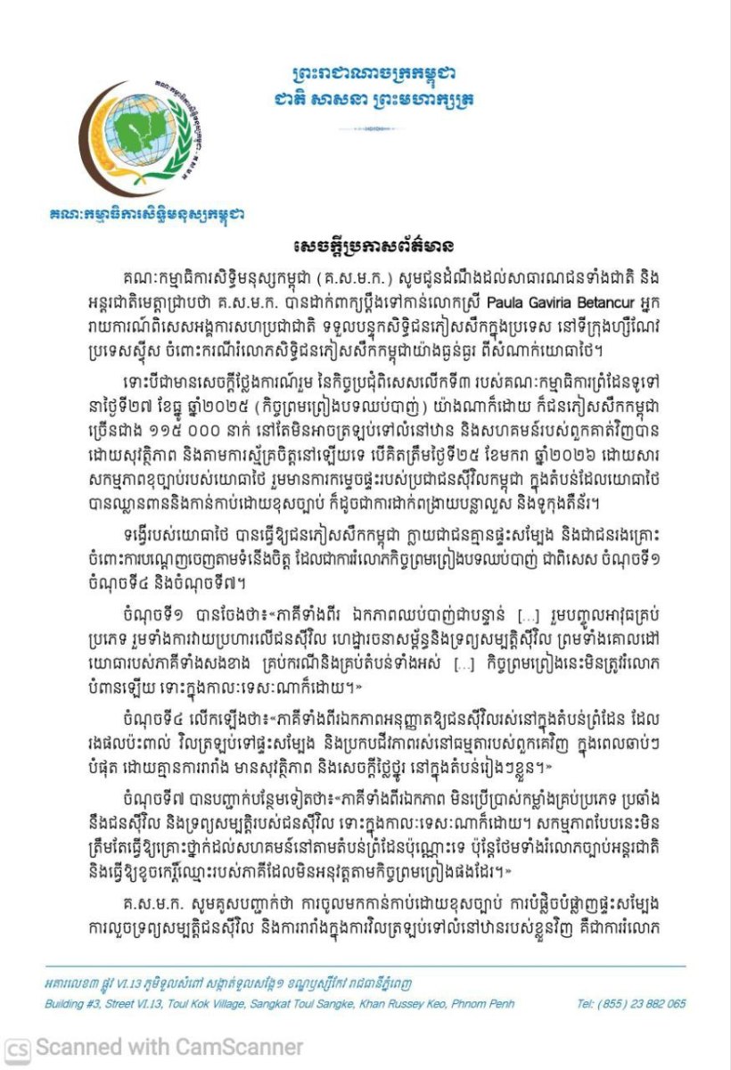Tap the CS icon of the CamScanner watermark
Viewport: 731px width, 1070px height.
coord(18,1048)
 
